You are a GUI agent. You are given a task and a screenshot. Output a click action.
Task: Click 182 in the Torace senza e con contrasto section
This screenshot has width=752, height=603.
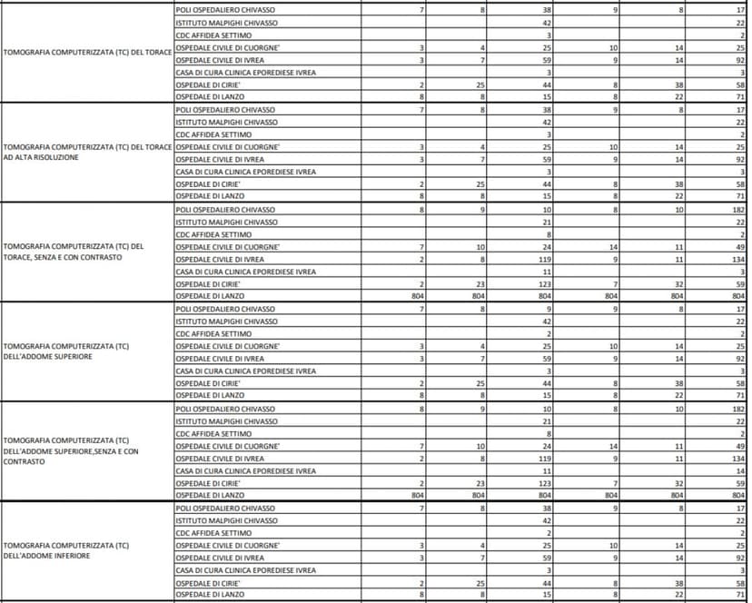pyautogui.click(x=739, y=209)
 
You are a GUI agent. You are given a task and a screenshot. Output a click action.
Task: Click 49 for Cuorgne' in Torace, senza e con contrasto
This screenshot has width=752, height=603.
pyautogui.click(x=741, y=246)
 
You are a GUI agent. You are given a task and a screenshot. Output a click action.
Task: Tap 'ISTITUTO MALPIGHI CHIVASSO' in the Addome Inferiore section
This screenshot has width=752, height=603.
pyautogui.click(x=227, y=521)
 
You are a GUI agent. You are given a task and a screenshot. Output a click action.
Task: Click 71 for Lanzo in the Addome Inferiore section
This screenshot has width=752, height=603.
pyautogui.click(x=741, y=596)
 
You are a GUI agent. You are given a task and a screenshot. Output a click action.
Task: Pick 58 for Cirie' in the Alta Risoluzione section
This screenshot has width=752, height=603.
pyautogui.click(x=741, y=183)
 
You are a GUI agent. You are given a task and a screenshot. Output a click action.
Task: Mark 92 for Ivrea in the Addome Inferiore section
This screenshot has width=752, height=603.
pyautogui.click(x=741, y=559)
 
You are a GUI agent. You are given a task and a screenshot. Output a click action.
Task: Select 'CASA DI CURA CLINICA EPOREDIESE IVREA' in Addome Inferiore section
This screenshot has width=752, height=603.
pyautogui.click(x=245, y=570)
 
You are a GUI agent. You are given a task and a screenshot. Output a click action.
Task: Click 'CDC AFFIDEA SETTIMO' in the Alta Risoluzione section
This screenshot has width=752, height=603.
pyautogui.click(x=213, y=134)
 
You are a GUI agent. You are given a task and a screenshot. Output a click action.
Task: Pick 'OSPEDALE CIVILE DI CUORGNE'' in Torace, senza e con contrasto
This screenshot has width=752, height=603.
pyautogui.click(x=228, y=246)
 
